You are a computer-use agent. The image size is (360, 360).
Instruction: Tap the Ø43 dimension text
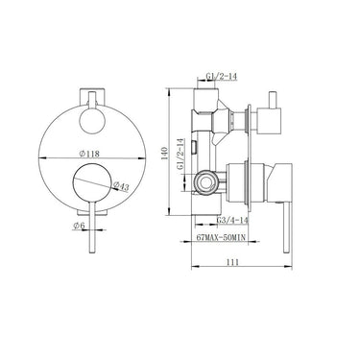point(123,185)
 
